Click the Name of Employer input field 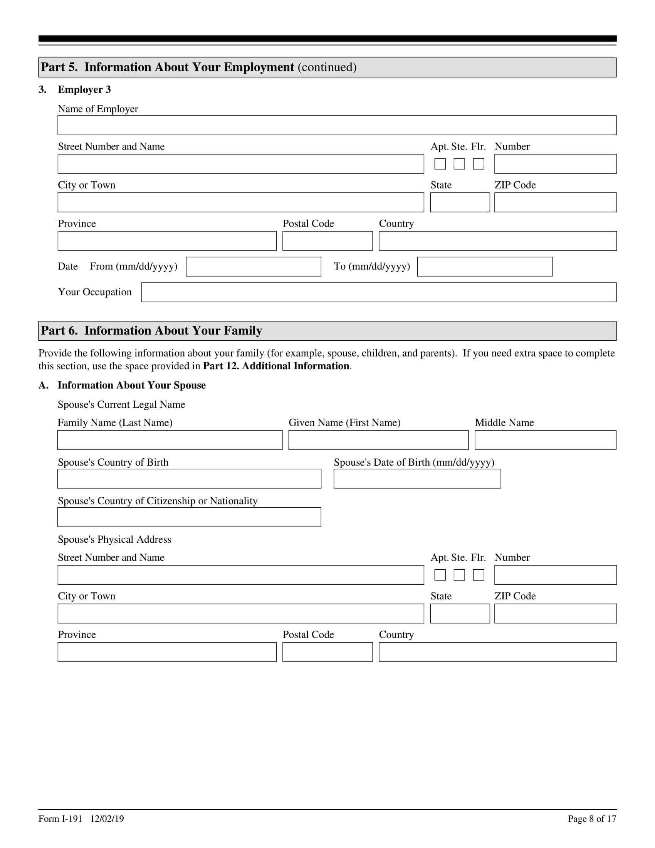coord(337,125)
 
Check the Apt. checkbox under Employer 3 coord(440,164)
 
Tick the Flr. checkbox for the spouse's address coord(479,575)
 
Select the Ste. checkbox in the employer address coord(459,164)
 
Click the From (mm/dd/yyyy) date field coord(254,267)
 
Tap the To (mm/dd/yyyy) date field coord(484,267)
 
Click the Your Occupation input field coord(378,293)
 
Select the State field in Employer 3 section coord(460,203)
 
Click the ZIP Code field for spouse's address coord(555,614)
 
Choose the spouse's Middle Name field coord(545,440)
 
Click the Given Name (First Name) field coord(378,440)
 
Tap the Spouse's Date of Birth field coord(417,479)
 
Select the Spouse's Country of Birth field coord(189,479)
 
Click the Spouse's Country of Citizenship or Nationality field coord(189,517)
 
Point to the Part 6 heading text coord(151,330)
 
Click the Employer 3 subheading coord(84,90)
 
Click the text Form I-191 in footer coord(60,818)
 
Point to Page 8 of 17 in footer coord(592,818)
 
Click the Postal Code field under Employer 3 coord(327,241)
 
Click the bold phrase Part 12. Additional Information coord(276,366)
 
